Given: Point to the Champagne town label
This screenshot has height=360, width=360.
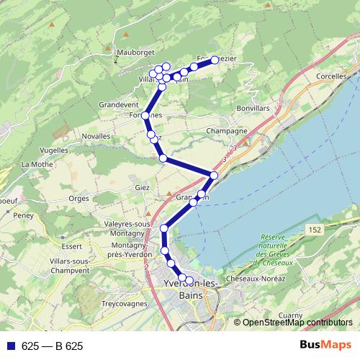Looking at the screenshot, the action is (227, 131).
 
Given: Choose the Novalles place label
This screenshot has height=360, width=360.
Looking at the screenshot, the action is (96, 135).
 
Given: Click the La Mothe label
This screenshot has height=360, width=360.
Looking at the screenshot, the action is (34, 164).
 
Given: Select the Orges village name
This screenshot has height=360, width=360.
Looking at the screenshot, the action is (78, 197).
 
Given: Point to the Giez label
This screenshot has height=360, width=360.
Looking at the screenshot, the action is (141, 188).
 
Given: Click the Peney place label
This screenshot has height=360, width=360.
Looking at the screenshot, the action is (23, 215).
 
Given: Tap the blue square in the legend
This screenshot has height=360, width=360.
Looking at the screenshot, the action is (11, 346).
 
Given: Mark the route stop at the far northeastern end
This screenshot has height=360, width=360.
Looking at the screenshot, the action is (215, 60).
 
